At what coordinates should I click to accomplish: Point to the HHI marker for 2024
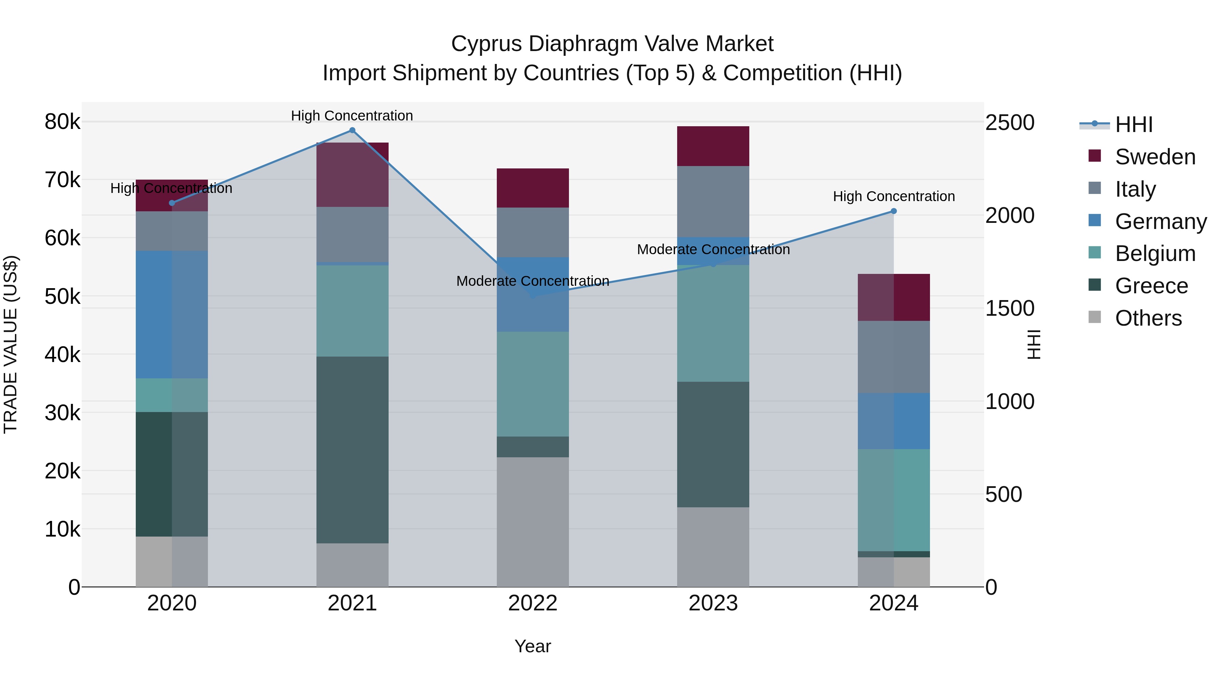[894, 211]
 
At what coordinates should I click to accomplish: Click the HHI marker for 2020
[172, 203]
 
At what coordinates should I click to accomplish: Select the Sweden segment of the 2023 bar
[713, 146]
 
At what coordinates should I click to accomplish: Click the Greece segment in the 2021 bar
[353, 449]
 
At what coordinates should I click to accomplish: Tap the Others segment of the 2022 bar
[533, 522]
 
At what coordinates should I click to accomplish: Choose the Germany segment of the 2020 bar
[172, 314]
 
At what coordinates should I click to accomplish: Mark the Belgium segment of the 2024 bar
[894, 500]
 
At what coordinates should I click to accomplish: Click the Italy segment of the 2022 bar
[533, 232]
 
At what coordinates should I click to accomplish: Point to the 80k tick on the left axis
[62, 122]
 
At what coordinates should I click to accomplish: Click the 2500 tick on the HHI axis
[1010, 123]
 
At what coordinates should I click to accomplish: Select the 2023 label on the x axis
[713, 603]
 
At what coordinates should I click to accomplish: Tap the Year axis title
[533, 646]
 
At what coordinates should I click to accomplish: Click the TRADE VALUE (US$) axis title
[11, 344]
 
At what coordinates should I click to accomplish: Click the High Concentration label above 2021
[352, 116]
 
